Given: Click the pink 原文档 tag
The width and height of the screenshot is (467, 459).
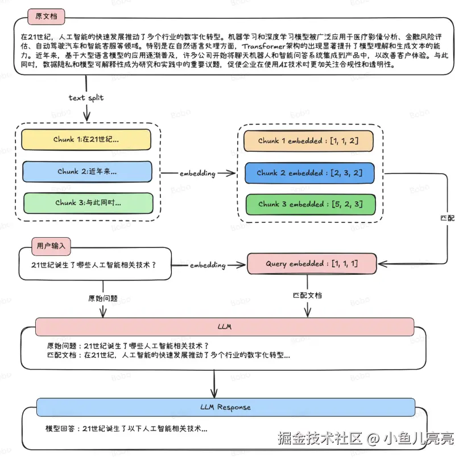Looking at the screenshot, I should [46, 16].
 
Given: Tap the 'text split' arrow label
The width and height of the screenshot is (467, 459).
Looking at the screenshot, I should [86, 97].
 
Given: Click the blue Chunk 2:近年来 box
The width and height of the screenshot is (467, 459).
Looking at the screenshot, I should [87, 171].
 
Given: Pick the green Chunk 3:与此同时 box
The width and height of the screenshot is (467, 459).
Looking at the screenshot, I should [88, 202].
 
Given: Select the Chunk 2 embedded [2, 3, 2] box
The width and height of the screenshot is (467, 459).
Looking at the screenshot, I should [309, 173].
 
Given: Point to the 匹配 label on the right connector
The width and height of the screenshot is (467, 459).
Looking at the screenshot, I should [448, 218].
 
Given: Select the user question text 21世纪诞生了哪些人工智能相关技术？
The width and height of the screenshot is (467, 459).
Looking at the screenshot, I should [94, 264].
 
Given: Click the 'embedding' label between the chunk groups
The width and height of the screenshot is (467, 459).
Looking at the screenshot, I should [197, 173].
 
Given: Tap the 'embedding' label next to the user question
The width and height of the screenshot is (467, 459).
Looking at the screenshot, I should [208, 265].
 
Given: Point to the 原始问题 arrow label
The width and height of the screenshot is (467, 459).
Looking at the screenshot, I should [102, 297].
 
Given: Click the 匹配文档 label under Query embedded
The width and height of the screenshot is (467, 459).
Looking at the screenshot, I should [307, 295].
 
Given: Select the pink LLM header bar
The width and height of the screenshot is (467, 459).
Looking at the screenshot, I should [225, 327].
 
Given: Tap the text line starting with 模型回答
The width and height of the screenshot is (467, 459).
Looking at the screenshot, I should [126, 428].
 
